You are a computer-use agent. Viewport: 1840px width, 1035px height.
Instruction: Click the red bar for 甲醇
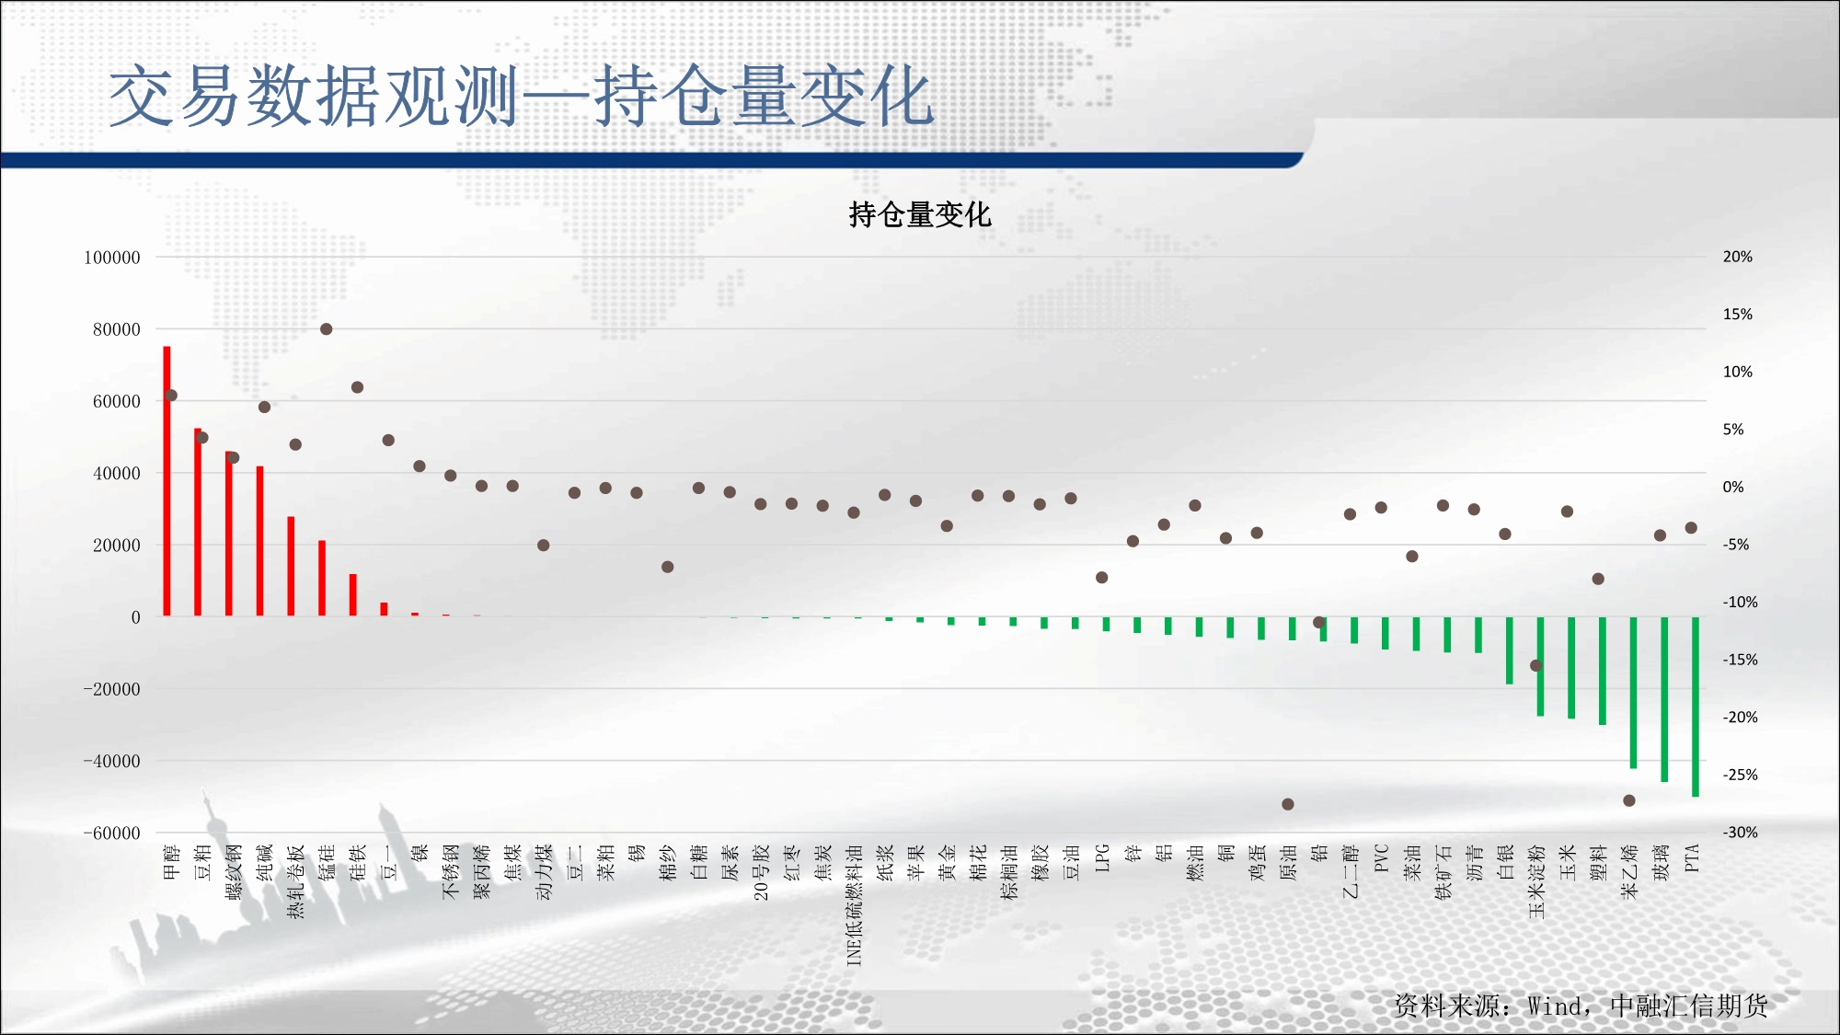tap(167, 481)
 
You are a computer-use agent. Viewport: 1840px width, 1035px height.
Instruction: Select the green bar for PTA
tap(1696, 707)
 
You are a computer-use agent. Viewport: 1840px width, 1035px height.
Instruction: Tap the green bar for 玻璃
tap(1664, 699)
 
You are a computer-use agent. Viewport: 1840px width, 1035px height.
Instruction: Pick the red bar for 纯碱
tap(260, 541)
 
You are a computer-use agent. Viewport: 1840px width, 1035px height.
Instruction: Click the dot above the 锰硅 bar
tap(326, 329)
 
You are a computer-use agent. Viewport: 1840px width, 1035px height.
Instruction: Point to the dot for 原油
tap(1288, 804)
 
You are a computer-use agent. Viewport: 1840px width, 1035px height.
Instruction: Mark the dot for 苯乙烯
tap(1629, 800)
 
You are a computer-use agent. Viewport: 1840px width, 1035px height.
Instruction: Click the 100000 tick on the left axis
tap(112, 258)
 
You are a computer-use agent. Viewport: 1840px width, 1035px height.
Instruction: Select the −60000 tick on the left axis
tap(112, 834)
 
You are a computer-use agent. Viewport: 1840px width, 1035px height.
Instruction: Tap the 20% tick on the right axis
tap(1738, 257)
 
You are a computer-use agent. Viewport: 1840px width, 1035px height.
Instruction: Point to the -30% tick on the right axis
tap(1741, 833)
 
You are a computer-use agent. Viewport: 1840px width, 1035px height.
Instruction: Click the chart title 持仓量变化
tap(920, 214)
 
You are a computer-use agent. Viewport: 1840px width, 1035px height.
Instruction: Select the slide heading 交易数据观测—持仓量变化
tap(522, 96)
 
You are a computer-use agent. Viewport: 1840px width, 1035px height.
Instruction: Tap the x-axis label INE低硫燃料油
tap(854, 905)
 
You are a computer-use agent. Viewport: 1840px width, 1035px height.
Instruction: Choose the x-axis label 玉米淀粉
tap(1536, 881)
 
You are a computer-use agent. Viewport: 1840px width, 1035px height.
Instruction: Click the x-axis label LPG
tap(1102, 857)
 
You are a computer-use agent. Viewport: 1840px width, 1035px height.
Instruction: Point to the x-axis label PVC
tap(1381, 857)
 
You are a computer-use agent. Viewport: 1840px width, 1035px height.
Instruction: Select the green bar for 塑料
tap(1603, 671)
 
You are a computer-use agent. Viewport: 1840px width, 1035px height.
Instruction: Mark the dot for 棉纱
tap(668, 567)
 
